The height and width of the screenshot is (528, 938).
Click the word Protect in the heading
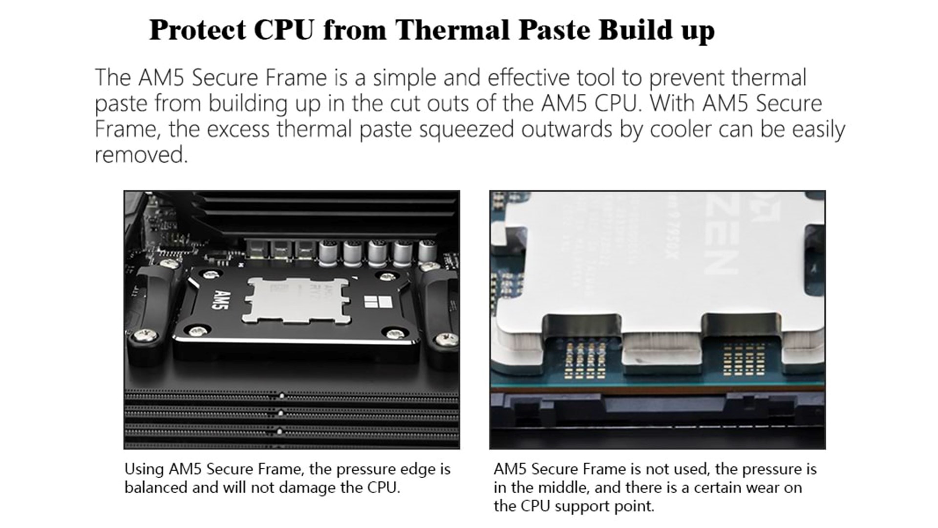(x=198, y=30)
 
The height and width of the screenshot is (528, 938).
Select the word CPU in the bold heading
(x=284, y=30)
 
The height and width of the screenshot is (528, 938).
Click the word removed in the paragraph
(x=141, y=155)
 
